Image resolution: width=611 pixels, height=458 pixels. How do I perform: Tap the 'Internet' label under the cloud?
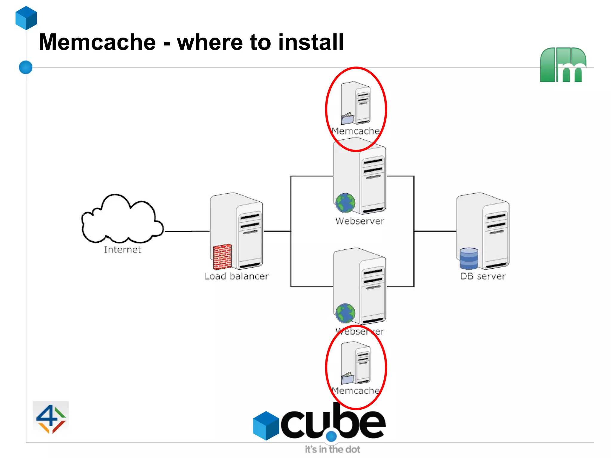click(x=122, y=249)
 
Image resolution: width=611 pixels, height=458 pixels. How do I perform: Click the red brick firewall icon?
click(x=222, y=257)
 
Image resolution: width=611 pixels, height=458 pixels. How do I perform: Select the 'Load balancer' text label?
click(x=237, y=276)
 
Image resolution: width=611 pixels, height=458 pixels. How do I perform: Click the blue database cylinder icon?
click(x=469, y=258)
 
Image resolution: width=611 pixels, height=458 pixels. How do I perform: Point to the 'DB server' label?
click(x=483, y=276)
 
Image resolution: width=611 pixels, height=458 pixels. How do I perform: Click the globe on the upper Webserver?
click(x=345, y=203)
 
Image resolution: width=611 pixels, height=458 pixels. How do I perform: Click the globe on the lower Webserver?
click(x=345, y=313)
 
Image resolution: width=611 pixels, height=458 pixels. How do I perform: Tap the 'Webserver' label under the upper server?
click(x=360, y=221)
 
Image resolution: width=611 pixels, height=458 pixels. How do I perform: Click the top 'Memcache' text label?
click(x=356, y=131)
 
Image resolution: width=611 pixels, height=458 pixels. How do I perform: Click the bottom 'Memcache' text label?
click(x=356, y=391)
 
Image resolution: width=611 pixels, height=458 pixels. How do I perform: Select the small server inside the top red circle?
click(x=356, y=103)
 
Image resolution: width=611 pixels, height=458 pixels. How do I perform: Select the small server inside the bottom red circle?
click(x=356, y=363)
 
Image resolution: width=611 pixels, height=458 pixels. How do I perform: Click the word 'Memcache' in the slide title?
click(x=97, y=42)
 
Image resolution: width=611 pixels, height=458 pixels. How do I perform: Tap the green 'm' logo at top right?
click(x=563, y=65)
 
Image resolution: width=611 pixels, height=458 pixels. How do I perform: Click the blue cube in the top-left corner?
click(x=26, y=18)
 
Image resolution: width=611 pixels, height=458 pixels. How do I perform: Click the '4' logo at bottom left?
click(x=51, y=418)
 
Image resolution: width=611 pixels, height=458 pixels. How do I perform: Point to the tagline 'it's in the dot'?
click(x=332, y=449)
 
